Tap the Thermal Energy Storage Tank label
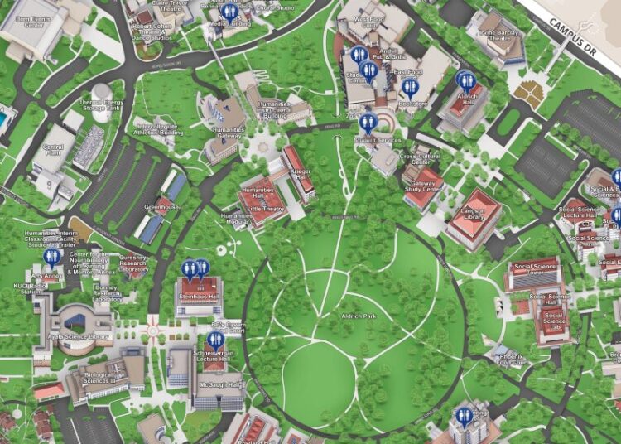101,106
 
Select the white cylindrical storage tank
101,90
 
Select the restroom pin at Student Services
368,123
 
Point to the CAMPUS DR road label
584,36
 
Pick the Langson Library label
473,216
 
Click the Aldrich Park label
358,316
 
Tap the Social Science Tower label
534,270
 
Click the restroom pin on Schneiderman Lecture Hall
216,339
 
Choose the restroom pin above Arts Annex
51,257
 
